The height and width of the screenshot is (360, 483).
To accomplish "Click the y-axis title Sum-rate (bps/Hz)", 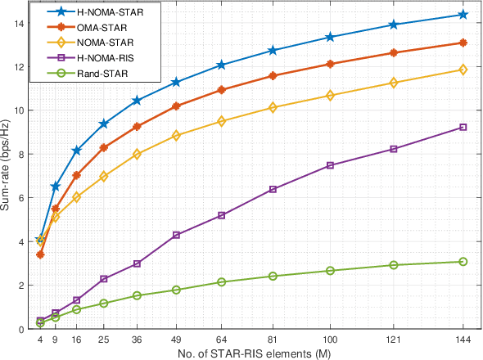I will pyautogui.click(x=9, y=165).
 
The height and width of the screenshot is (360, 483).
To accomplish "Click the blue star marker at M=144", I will pyautogui.click(x=463, y=15).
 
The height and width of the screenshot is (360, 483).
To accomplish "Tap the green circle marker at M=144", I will pyautogui.click(x=463, y=262).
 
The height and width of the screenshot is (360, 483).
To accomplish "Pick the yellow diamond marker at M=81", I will pyautogui.click(x=273, y=108).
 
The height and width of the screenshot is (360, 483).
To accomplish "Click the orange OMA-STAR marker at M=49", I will pyautogui.click(x=176, y=106).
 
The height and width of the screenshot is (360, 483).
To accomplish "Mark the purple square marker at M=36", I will pyautogui.click(x=137, y=263).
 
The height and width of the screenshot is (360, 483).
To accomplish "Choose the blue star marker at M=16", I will pyautogui.click(x=76, y=151).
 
